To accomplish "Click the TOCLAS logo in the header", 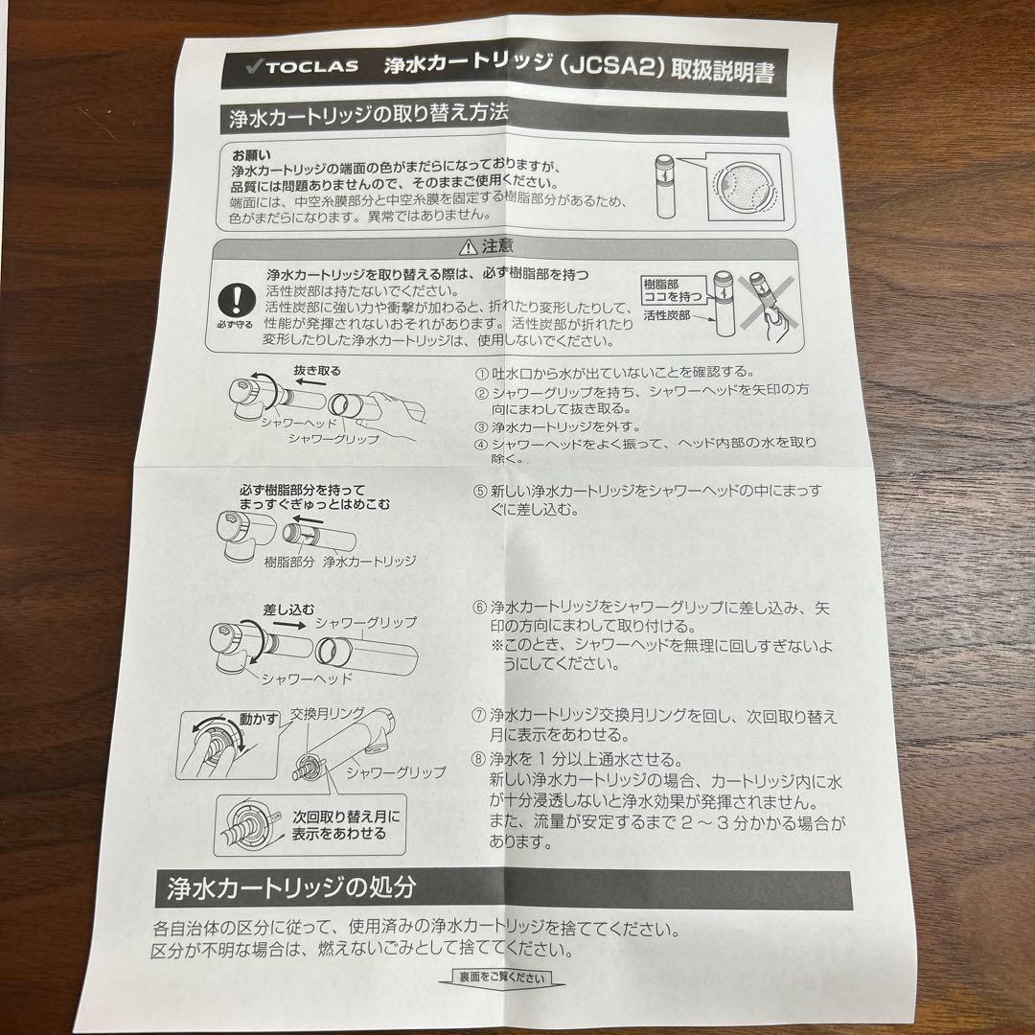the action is coord(302,66).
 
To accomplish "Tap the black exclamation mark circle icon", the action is coord(236,300).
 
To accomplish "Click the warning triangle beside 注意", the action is coord(468,247).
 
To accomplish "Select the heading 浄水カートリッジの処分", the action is coord(291,887).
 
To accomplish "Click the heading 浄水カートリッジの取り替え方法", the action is coord(368,116).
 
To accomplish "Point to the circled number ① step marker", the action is coord(482,374).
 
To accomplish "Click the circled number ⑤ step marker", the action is coord(480,492).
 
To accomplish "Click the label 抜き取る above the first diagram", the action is coord(317,371).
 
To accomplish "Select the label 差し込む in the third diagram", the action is coord(288,609).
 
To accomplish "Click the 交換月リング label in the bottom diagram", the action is coord(328,714).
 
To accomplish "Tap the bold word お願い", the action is coord(251,156).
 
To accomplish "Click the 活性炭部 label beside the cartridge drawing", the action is coord(667,316).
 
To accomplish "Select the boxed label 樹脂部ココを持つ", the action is coord(673,290).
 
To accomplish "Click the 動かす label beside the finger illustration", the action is coord(259,719).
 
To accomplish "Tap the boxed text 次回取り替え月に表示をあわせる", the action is coord(346,825).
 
